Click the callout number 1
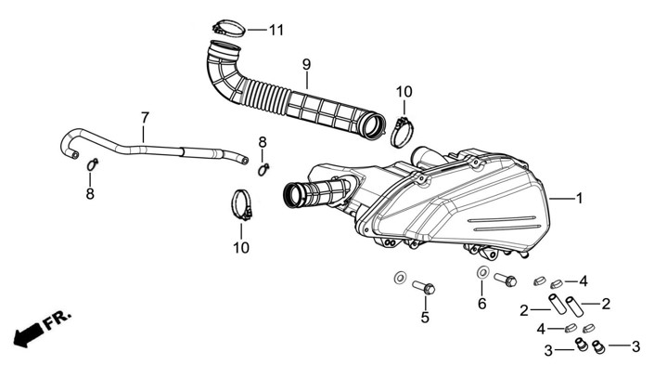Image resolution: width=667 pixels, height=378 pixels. [579, 199]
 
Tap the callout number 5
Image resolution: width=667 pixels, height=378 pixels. [425, 318]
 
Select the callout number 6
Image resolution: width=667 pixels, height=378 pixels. [481, 304]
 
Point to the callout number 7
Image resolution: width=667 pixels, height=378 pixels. [145, 118]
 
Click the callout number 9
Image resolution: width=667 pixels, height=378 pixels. [305, 64]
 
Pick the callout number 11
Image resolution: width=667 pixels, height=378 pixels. [276, 30]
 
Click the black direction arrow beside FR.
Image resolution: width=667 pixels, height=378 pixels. [30, 331]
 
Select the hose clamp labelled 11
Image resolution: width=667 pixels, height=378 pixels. [228, 27]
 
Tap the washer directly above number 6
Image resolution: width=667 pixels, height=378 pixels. [482, 272]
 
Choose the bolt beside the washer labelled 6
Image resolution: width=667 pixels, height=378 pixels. [505, 279]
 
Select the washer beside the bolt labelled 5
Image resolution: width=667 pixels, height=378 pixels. [399, 278]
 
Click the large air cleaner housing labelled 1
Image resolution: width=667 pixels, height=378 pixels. [464, 200]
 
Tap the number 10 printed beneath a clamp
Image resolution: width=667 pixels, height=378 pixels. [241, 248]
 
